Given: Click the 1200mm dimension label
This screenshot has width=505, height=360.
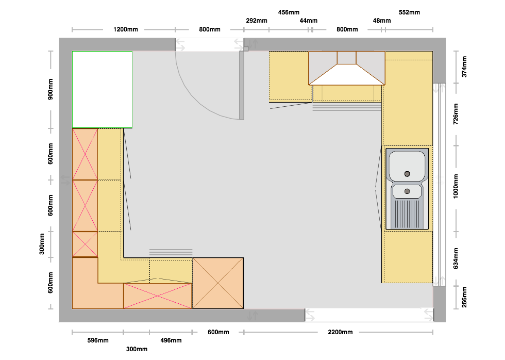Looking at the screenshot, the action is (x=126, y=29).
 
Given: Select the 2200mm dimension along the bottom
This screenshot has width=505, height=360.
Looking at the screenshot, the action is (x=340, y=332).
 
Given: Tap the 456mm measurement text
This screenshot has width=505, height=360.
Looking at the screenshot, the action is (x=289, y=12).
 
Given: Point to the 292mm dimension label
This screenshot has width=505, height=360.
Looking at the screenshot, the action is (x=257, y=21).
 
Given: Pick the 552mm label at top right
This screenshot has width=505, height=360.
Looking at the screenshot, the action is (x=409, y=12).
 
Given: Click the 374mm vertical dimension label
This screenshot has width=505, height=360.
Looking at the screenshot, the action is (x=464, y=67).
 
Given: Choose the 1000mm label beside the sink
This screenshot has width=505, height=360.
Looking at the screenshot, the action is (x=456, y=186).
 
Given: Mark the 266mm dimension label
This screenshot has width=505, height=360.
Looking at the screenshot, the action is (x=464, y=297).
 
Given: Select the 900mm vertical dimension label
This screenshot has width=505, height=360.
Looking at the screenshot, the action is (x=50, y=89).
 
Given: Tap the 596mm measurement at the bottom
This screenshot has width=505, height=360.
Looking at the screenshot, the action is (x=98, y=340).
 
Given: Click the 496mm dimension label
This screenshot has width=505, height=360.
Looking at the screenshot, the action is (x=171, y=340).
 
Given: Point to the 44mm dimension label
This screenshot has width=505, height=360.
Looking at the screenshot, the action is (x=308, y=21).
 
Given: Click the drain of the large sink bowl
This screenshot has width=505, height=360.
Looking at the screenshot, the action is (x=407, y=174).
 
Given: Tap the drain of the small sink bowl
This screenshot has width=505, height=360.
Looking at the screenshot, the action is (x=407, y=191).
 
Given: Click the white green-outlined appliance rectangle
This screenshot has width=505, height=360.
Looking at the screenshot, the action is (x=102, y=90).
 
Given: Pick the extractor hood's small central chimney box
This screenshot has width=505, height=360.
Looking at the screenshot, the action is (x=346, y=58).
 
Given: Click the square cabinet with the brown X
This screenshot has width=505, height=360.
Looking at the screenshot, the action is (x=218, y=283).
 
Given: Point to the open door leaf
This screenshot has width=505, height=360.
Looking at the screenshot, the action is (x=242, y=86).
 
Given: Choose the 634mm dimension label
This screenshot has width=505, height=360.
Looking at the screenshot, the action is (x=456, y=258).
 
